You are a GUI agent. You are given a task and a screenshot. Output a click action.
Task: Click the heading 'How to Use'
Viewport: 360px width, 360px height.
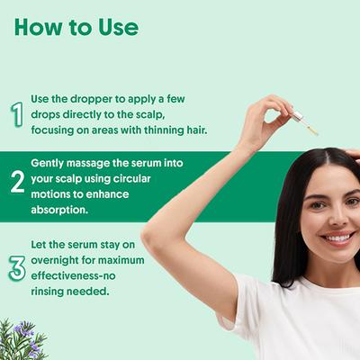pyautogui.click(x=76, y=27)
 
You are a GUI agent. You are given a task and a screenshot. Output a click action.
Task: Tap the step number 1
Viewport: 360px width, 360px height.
pyautogui.click(x=16, y=114)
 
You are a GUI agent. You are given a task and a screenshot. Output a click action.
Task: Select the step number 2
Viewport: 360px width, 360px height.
pyautogui.click(x=16, y=181)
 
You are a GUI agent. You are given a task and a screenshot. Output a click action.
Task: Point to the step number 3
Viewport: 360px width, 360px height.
pyautogui.click(x=16, y=267)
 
